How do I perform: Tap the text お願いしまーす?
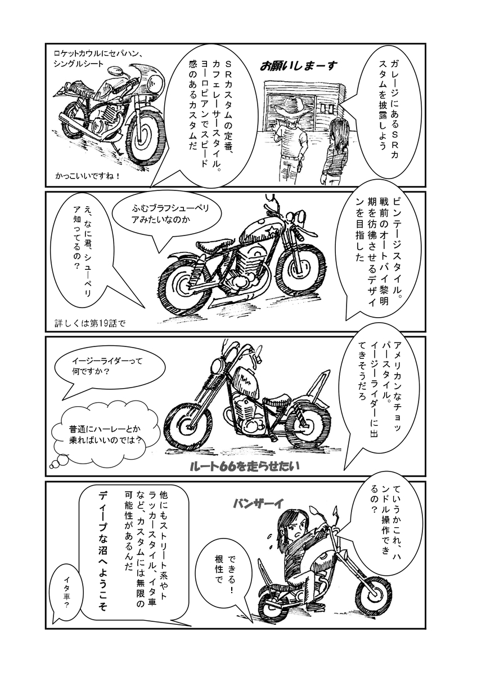click(x=299, y=66)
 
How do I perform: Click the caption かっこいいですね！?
click(x=88, y=176)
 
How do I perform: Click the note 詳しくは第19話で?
click(x=90, y=324)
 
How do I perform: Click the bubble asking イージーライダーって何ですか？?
click(x=109, y=370)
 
